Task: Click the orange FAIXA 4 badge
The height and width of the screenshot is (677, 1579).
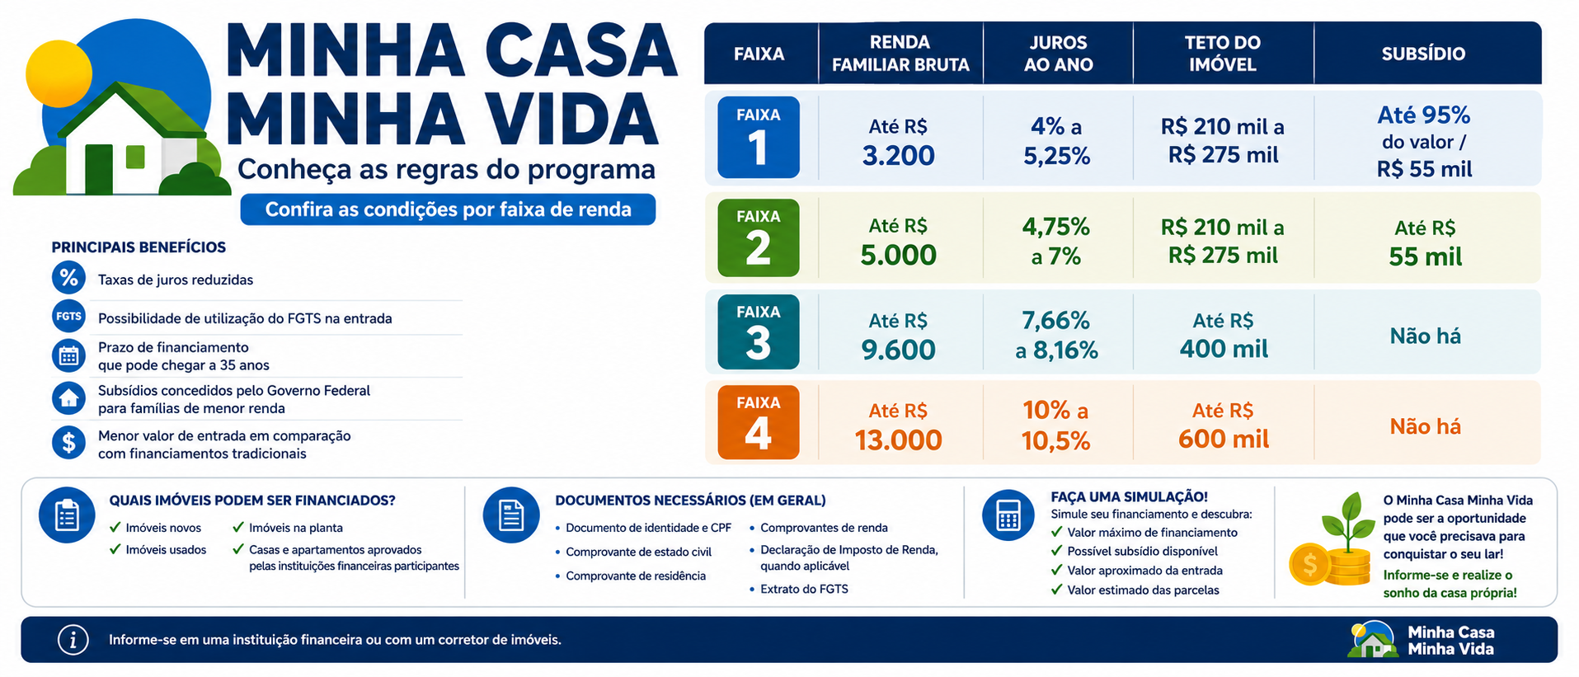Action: (758, 422)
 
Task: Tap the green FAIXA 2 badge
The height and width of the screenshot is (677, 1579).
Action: (758, 237)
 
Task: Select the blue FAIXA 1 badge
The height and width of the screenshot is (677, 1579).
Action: (758, 137)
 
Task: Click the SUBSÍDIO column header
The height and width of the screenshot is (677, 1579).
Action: (1423, 54)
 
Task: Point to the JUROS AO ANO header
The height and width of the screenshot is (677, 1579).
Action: (1058, 54)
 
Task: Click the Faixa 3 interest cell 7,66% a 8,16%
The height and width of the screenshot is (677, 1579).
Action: (1056, 335)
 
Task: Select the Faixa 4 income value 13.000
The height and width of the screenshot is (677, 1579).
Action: (898, 440)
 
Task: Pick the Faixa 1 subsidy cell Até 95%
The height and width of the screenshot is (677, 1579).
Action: (1424, 115)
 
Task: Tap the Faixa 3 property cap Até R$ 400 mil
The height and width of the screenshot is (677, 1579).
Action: (1224, 335)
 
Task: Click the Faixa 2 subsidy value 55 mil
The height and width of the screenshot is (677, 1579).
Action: (1425, 256)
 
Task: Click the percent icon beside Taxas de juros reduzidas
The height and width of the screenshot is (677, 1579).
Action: (68, 278)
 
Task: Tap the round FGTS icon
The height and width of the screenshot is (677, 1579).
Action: (68, 316)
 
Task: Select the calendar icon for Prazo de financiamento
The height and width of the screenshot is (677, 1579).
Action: (68, 355)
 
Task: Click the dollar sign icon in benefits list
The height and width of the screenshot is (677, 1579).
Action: (68, 443)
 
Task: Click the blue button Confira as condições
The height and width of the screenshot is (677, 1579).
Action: (448, 209)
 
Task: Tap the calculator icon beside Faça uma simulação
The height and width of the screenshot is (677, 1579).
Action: (1008, 515)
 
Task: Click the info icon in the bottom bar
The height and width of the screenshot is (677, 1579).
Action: (73, 639)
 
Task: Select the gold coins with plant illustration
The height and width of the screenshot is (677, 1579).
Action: (1330, 541)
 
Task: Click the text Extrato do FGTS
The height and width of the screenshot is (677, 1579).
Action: (804, 589)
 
